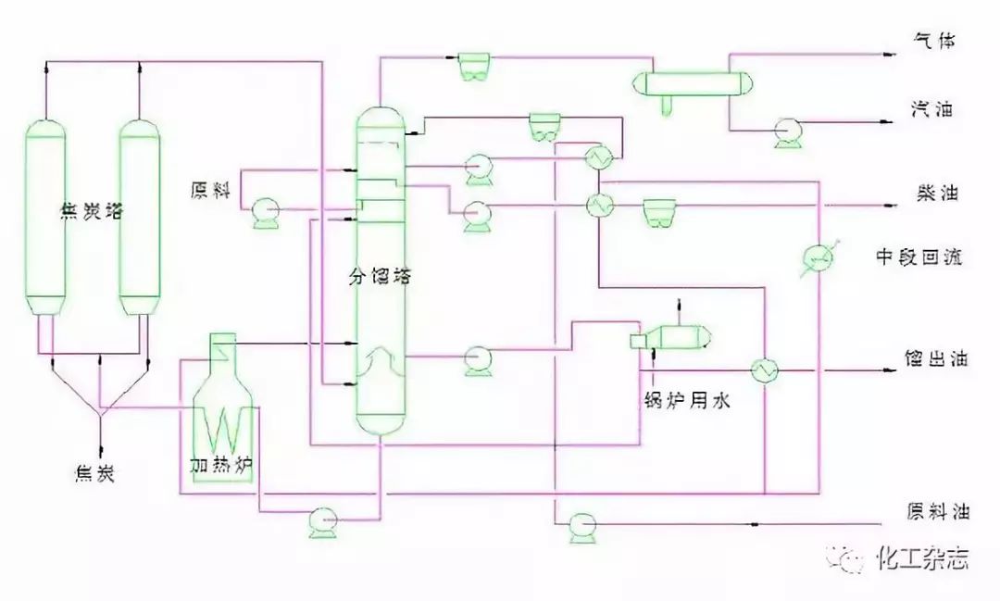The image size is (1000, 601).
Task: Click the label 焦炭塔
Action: [90, 211]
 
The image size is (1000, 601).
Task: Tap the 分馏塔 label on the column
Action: [379, 275]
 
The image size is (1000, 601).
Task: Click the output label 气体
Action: [932, 42]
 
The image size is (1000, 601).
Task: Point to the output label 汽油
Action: [932, 110]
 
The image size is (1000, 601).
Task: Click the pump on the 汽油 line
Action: [789, 133]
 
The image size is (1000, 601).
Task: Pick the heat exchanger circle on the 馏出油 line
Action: [766, 369]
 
